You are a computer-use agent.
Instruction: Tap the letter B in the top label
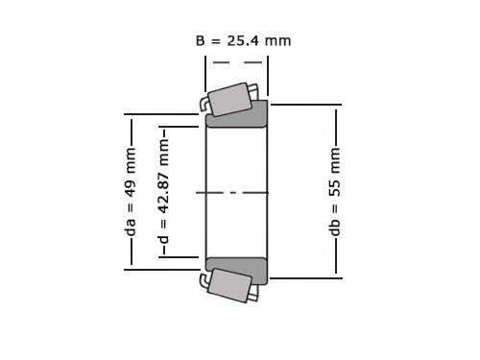point(201,41)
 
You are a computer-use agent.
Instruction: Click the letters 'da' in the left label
point(131,225)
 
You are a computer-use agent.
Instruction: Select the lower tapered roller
point(230,285)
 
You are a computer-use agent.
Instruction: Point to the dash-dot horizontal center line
point(236,193)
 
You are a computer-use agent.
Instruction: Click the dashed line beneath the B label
point(236,63)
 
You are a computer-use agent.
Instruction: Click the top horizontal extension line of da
point(163,115)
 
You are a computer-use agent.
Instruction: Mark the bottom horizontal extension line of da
point(163,270)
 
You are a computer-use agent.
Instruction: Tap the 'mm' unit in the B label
point(277,41)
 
